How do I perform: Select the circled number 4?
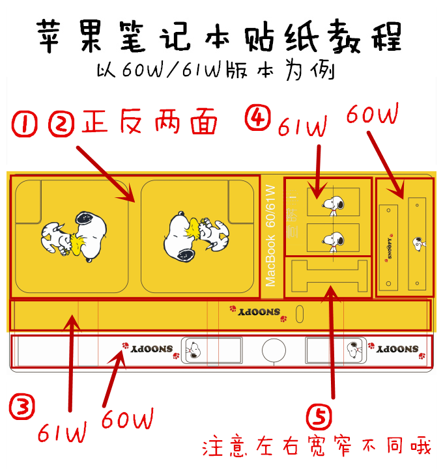256,118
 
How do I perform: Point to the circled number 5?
319,415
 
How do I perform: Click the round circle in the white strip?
274,350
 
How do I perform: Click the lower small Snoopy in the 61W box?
333,240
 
